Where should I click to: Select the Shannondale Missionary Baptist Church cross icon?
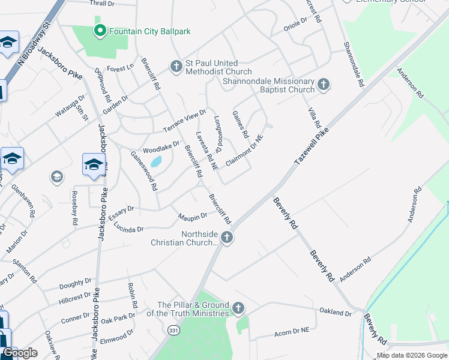click(324, 84)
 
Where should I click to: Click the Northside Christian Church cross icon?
click(227, 238)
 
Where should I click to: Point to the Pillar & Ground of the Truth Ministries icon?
click(238, 308)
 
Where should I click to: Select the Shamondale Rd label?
click(353, 65)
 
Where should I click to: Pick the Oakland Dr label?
click(336, 313)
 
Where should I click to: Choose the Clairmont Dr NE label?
click(244, 151)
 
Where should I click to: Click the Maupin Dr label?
click(193, 215)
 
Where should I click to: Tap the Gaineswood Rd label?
click(144, 170)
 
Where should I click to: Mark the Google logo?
click(20, 353)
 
